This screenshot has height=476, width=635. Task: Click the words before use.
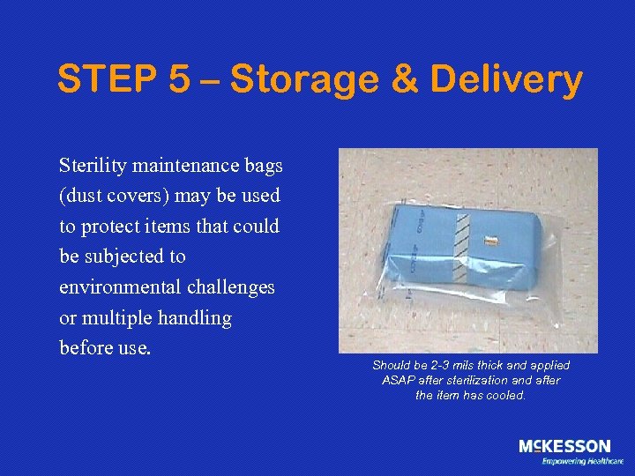pyautogui.click(x=105, y=347)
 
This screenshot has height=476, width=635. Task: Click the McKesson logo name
pyautogui.click(x=564, y=446)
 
